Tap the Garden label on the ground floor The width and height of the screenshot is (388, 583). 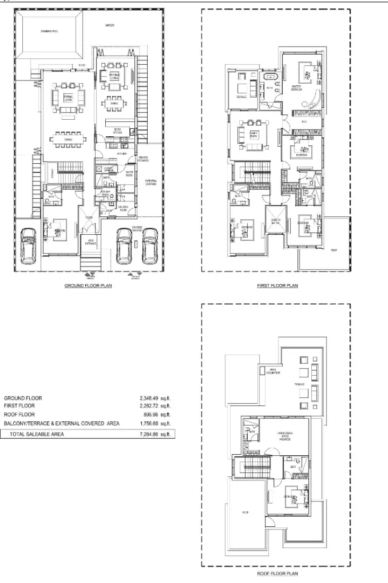(x=110, y=25)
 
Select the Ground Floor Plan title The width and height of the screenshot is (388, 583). (x=88, y=285)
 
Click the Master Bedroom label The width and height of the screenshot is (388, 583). (x=296, y=87)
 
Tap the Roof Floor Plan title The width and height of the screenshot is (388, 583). (x=277, y=573)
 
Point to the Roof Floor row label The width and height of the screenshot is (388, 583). (x=20, y=414)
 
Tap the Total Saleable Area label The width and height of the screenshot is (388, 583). (x=37, y=434)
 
